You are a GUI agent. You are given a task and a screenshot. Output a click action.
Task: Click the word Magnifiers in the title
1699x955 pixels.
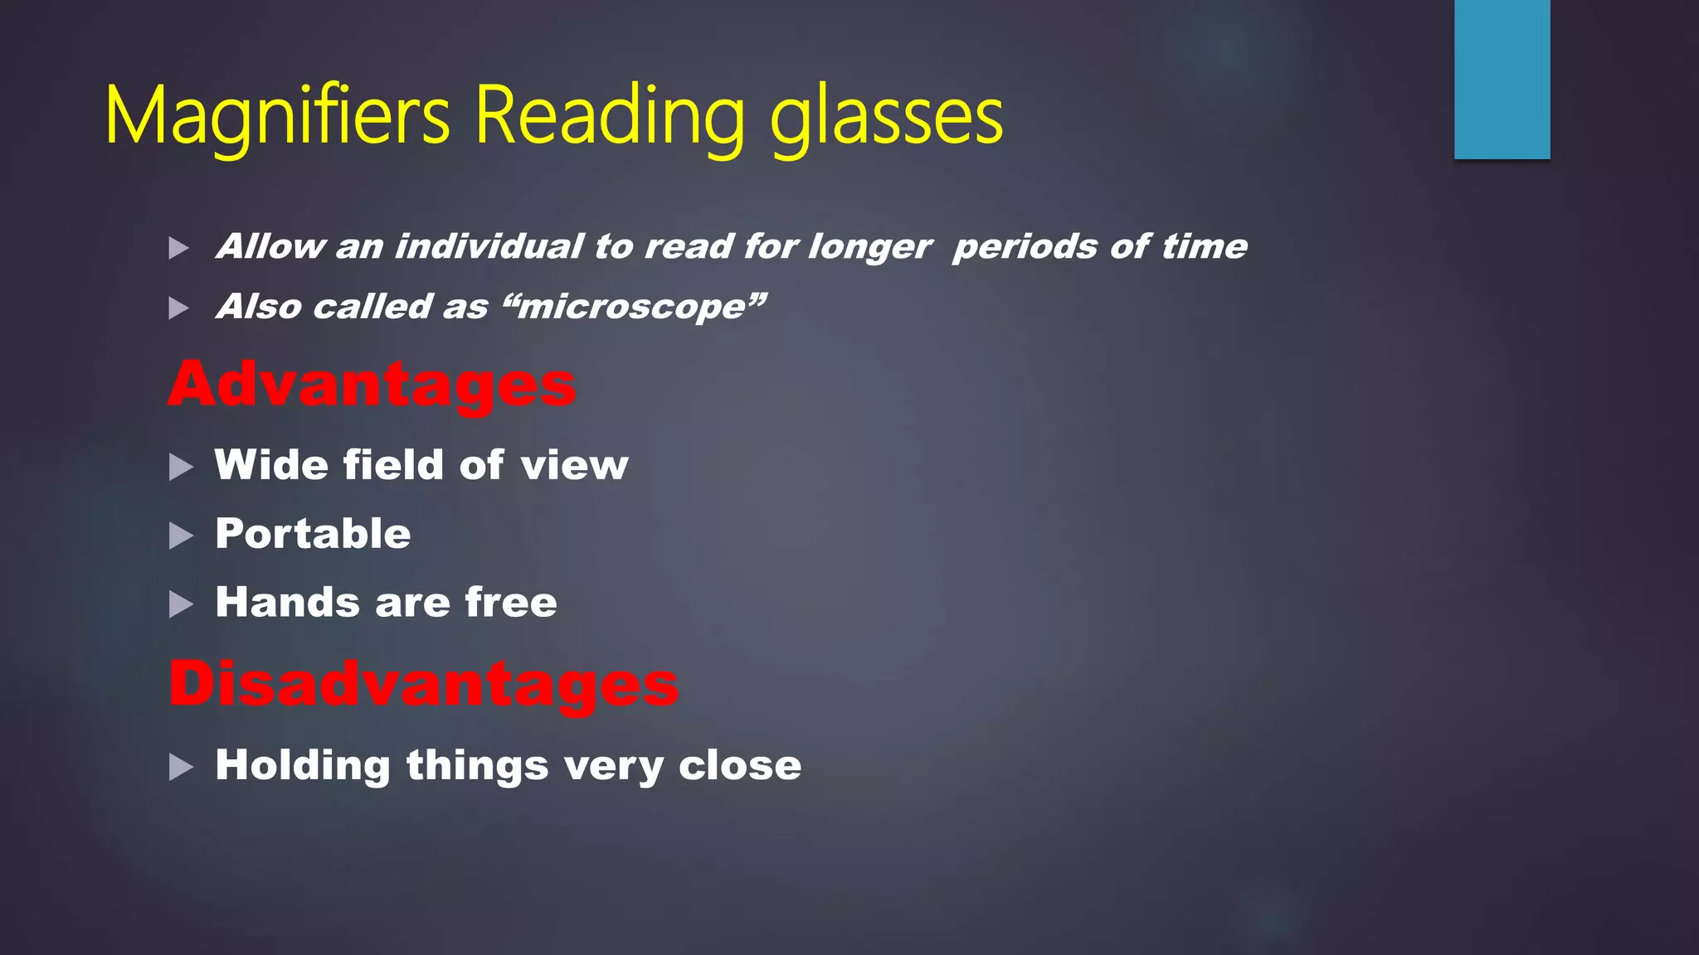pyautogui.click(x=277, y=118)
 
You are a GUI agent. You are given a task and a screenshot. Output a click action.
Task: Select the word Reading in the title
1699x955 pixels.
pyautogui.click(x=609, y=118)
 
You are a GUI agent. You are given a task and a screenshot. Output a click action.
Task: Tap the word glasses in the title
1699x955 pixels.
pyautogui.click(x=886, y=118)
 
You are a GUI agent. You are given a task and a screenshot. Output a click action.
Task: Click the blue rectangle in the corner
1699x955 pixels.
pyautogui.click(x=1502, y=79)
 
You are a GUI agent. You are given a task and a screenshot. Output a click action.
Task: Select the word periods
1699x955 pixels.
pyautogui.click(x=1025, y=246)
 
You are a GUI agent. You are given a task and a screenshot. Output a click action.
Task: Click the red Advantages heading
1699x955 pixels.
pyautogui.click(x=372, y=385)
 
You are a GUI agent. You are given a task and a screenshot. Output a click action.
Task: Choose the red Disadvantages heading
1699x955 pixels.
pyautogui.click(x=423, y=684)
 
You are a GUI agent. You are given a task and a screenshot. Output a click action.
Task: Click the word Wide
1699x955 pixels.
pyautogui.click(x=271, y=464)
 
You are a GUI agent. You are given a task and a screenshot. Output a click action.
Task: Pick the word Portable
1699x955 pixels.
pyautogui.click(x=313, y=533)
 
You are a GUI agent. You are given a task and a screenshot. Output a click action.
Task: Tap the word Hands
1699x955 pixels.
pyautogui.click(x=287, y=602)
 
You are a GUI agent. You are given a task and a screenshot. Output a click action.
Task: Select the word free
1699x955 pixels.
pyautogui.click(x=510, y=602)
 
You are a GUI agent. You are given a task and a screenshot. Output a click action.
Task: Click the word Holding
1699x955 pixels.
pyautogui.click(x=302, y=765)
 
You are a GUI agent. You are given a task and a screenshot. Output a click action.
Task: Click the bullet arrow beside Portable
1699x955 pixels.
pyautogui.click(x=180, y=536)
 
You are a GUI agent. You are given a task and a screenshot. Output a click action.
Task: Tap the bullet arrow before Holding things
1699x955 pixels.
pyautogui.click(x=180, y=767)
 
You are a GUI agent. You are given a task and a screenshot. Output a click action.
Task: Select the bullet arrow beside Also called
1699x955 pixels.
pyautogui.click(x=178, y=308)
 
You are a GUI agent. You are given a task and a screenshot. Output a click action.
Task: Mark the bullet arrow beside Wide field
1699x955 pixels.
pyautogui.click(x=180, y=467)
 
